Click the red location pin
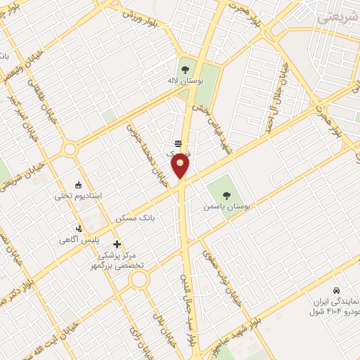tap(180, 167)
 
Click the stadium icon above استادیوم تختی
tap(77, 184)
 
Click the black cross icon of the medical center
tap(117, 243)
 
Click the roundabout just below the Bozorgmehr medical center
tap(139, 281)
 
